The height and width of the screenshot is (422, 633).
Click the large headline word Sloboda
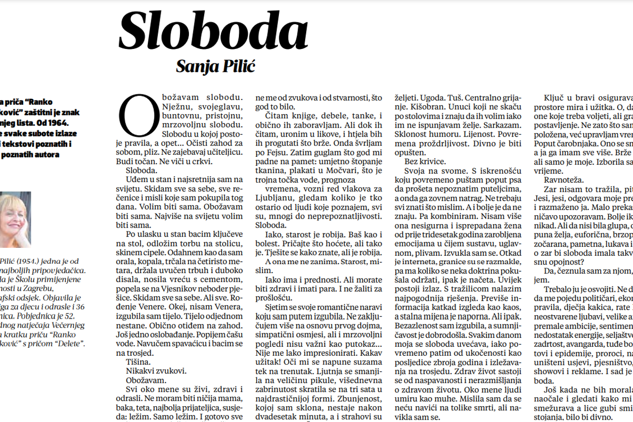(x=213, y=31)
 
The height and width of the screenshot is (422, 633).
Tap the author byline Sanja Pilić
(x=215, y=66)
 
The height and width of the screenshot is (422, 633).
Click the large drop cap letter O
(x=139, y=116)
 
